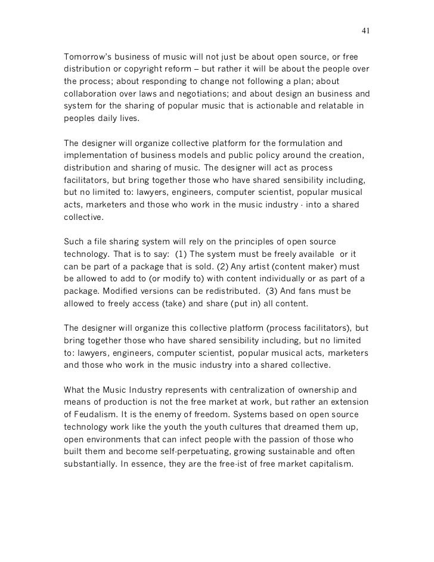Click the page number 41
coord(365,31)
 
